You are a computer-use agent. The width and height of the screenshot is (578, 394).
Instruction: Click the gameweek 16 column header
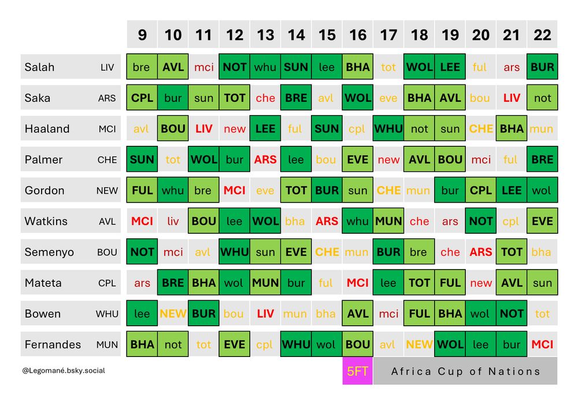[x=358, y=35]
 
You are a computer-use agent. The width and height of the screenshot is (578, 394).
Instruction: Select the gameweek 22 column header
[x=542, y=35]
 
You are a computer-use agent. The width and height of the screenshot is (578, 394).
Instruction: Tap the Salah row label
[x=39, y=67]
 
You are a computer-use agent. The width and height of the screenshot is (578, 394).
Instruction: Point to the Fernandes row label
[x=53, y=344]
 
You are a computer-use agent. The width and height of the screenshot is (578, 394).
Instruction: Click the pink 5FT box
[x=357, y=371]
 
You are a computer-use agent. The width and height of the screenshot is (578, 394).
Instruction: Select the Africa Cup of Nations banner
[x=465, y=371]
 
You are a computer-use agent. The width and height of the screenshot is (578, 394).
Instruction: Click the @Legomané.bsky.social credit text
[x=64, y=370]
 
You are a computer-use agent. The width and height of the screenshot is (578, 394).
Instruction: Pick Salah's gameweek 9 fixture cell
[x=142, y=67]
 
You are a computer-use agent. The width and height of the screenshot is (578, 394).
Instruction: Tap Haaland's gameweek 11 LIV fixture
[x=203, y=128]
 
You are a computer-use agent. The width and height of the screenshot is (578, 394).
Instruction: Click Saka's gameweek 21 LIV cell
[x=512, y=98]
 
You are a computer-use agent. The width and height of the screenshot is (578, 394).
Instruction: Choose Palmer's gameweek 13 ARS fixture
[x=265, y=159]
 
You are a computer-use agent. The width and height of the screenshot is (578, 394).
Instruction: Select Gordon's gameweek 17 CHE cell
[x=388, y=190]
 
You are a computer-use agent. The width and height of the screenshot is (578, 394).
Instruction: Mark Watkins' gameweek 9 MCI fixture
[x=142, y=221]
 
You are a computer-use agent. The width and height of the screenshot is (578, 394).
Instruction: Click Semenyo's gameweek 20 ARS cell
[x=481, y=252]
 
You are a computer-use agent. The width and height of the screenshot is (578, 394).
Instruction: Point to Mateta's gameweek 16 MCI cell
[x=358, y=283]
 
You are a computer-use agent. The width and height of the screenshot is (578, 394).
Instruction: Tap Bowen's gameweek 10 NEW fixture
[x=173, y=314]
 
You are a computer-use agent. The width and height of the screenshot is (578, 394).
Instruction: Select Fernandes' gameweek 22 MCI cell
[x=542, y=344]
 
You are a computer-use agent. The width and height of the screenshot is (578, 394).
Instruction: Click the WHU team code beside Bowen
[x=106, y=314]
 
